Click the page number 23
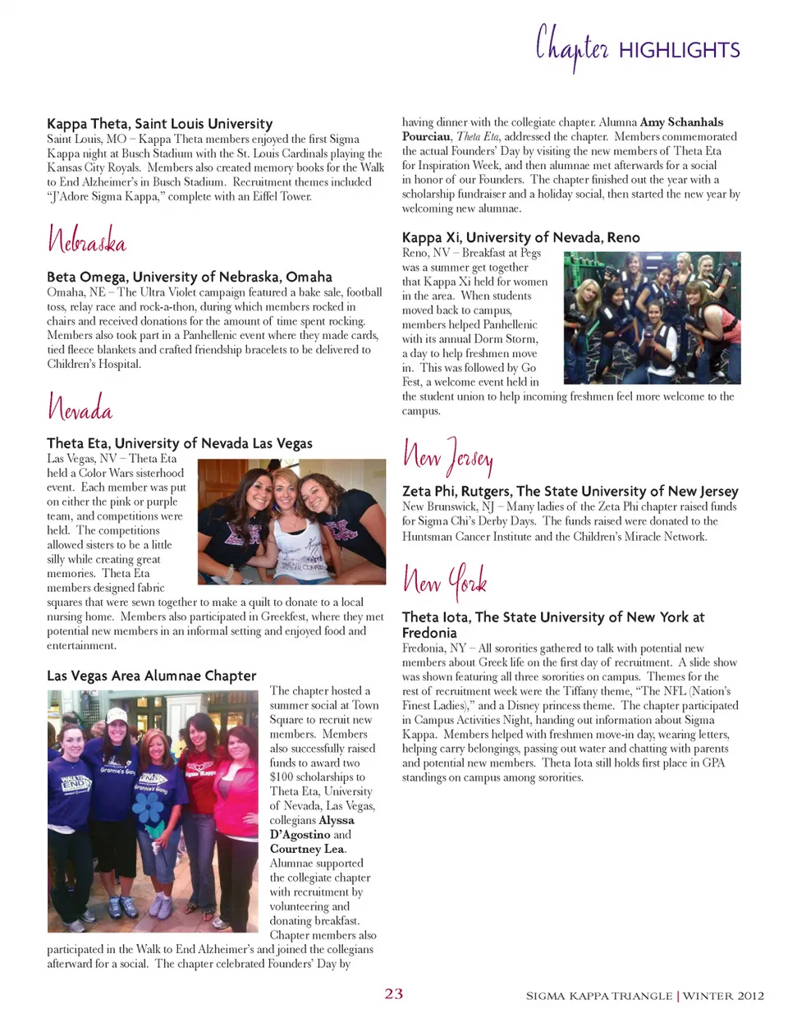[x=394, y=994]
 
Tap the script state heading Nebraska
[x=87, y=240]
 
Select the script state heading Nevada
[x=80, y=407]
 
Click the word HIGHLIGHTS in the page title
[x=679, y=51]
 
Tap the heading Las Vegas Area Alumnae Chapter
[x=152, y=676]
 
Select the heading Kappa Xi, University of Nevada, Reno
[x=520, y=237]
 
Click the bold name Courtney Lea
[x=307, y=849]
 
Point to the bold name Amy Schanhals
[x=681, y=122]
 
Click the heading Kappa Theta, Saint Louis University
[x=159, y=124]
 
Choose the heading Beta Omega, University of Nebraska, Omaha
[x=190, y=277]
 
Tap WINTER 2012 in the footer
[x=723, y=996]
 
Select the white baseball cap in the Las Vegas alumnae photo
[x=117, y=716]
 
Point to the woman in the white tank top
[x=288, y=525]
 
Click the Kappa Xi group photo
[x=652, y=318]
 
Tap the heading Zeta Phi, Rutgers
[x=570, y=491]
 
